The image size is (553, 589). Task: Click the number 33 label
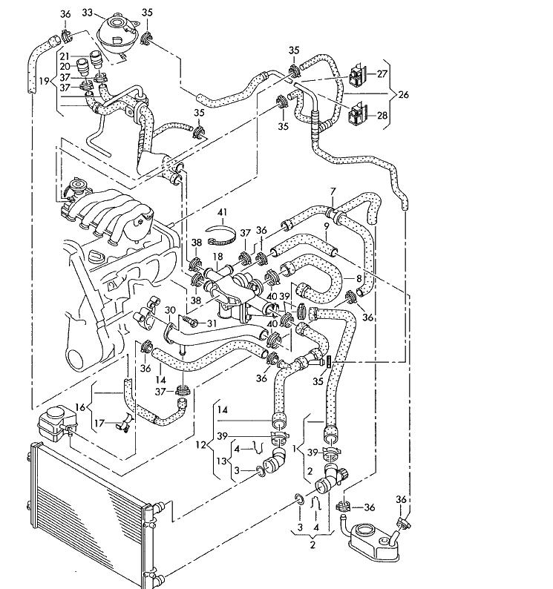point(87,13)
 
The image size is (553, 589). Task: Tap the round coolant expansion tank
point(117,34)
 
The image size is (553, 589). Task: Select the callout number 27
point(382,73)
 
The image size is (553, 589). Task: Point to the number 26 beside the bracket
point(403,94)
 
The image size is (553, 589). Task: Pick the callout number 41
point(223,213)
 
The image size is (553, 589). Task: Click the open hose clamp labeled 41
point(222,234)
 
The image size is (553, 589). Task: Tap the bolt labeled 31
point(191,320)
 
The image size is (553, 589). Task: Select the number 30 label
point(170,310)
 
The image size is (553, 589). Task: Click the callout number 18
point(217,257)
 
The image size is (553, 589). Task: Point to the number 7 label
point(333,191)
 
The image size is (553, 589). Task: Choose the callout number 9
point(326,226)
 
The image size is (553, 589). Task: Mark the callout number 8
point(359,278)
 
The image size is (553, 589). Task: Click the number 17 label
point(99,424)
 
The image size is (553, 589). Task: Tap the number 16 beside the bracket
point(80,407)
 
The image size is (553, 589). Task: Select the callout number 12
point(201,445)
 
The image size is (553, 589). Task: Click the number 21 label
point(65,56)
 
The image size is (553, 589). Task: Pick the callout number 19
point(44,81)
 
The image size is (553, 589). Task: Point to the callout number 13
point(222,461)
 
